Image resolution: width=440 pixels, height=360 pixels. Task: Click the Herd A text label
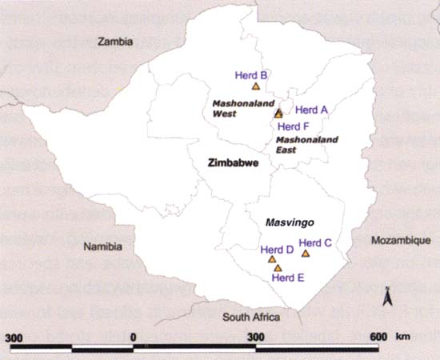coord(311,109)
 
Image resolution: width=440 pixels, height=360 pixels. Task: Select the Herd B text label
coord(251,75)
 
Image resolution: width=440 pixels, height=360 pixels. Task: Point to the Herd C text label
coord(315,242)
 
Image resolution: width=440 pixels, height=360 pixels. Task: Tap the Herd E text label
coord(288,278)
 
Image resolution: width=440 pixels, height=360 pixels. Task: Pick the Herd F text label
coord(293,126)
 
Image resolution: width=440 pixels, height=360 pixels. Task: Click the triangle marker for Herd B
coord(255,86)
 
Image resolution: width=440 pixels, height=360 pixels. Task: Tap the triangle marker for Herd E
coord(278,268)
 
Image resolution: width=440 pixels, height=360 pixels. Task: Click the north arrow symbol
coord(386,298)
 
